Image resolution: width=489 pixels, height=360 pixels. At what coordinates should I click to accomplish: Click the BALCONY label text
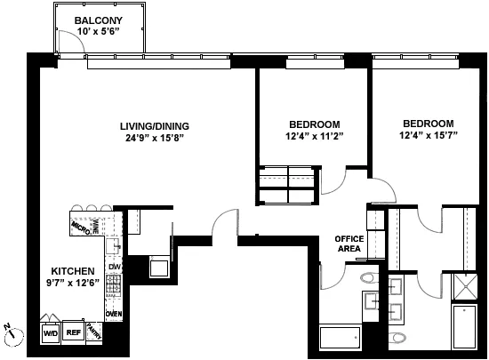click(x=98, y=20)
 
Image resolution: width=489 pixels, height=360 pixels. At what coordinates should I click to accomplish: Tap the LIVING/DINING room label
click(x=154, y=125)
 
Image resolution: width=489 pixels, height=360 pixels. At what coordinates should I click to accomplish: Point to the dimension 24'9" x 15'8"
click(x=154, y=138)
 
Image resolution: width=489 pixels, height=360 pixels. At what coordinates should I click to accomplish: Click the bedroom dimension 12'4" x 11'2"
click(x=315, y=136)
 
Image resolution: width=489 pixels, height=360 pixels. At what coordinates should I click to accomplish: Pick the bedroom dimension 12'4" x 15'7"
click(x=428, y=136)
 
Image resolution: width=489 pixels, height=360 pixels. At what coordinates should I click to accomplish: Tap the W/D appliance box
click(x=50, y=333)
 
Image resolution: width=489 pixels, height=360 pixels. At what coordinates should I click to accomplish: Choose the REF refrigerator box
click(x=74, y=333)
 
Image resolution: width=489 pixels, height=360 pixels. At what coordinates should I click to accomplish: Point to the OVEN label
click(x=114, y=314)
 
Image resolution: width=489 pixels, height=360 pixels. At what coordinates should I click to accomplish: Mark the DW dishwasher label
click(x=114, y=267)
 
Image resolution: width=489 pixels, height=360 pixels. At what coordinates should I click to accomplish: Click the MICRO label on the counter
click(x=82, y=228)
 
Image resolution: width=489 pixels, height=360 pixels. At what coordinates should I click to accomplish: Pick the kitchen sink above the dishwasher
click(x=113, y=245)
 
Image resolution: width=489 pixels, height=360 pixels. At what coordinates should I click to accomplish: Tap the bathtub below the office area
click(x=340, y=339)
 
